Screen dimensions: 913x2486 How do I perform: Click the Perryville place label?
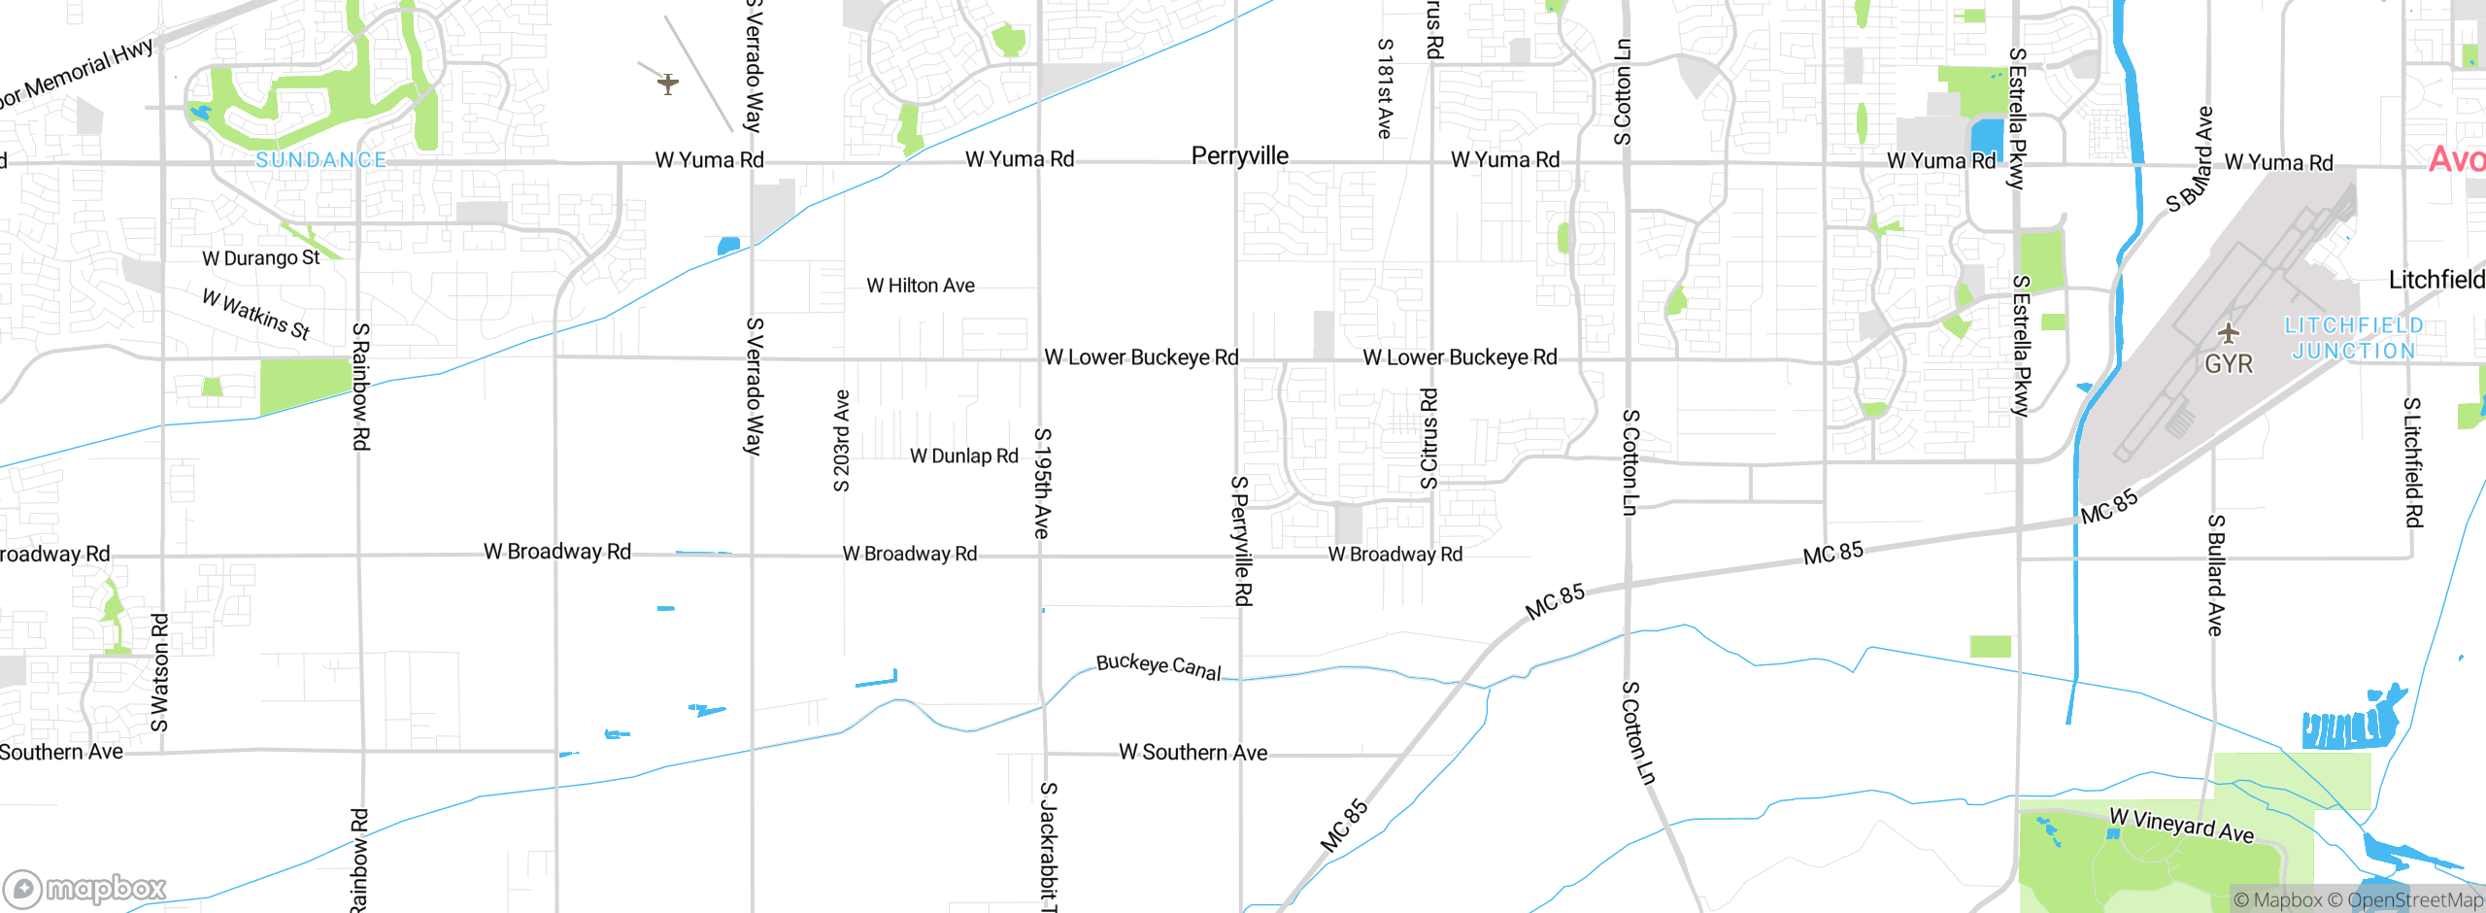[x=1240, y=155]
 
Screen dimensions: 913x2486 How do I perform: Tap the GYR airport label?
[x=2229, y=364]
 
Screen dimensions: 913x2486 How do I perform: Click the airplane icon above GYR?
[x=2229, y=334]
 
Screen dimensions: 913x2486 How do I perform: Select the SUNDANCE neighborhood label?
[x=321, y=160]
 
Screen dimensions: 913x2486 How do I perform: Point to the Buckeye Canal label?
[x=1159, y=667]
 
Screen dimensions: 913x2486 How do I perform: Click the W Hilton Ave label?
[x=921, y=286]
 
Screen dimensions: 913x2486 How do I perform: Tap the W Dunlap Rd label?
[x=964, y=456]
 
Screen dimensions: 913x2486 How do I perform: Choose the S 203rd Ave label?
[x=842, y=440]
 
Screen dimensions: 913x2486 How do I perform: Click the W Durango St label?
[x=260, y=258]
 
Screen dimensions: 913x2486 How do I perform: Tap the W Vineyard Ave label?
[x=2181, y=826]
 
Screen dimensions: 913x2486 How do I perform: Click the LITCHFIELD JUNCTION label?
[x=2353, y=338]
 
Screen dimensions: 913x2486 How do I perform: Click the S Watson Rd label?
[x=160, y=672]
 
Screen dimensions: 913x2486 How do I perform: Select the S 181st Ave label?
[x=1386, y=88]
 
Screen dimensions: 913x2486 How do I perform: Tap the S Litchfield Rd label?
[x=2413, y=462]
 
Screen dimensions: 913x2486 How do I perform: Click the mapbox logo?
[x=85, y=888]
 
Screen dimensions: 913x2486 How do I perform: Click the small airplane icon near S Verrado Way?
[x=668, y=84]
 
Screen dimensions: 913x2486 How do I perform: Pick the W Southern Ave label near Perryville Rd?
[x=1193, y=753]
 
